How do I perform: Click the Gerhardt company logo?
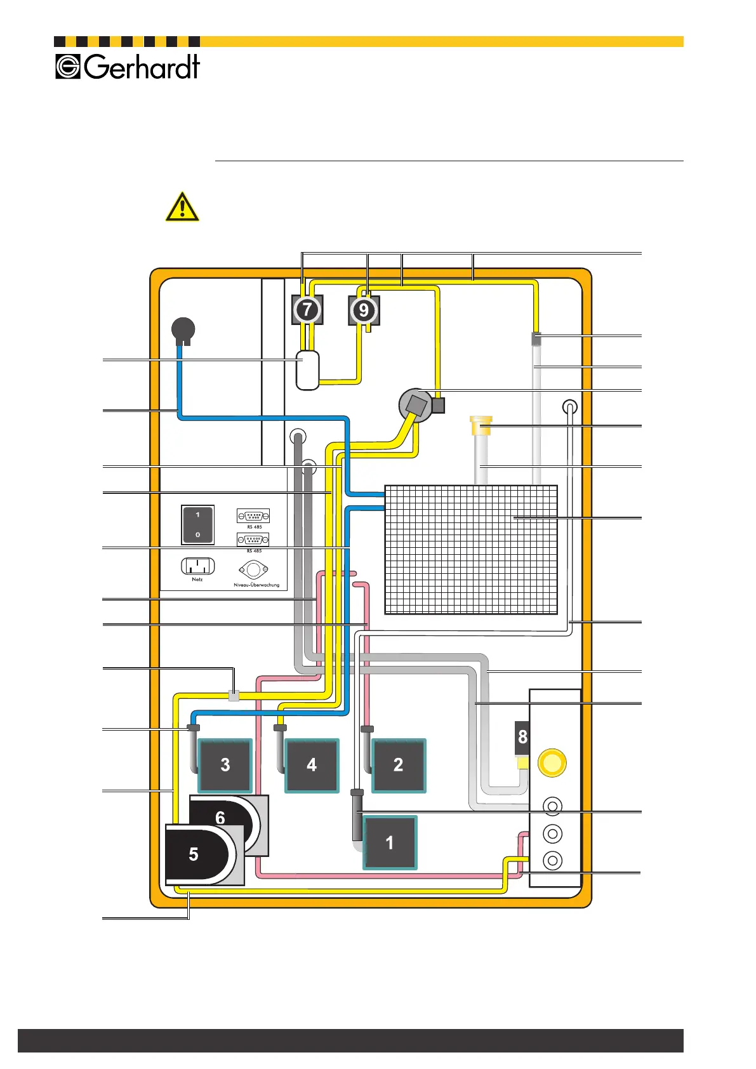128,67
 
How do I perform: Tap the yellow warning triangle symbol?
182,208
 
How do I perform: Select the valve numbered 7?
307,310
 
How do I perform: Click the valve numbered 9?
364,310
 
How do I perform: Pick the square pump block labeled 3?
225,766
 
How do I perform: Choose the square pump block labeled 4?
312,766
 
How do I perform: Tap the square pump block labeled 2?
398,766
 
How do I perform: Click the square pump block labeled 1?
390,843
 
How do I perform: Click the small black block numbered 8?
522,737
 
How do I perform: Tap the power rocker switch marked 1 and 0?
197,524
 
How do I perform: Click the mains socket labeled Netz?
197,566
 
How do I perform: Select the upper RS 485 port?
253,515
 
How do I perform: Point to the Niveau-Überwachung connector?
254,569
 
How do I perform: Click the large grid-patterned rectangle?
471,550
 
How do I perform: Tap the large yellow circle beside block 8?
552,762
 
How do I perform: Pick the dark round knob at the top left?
183,329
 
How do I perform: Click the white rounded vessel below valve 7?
308,370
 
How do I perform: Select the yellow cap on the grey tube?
481,425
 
